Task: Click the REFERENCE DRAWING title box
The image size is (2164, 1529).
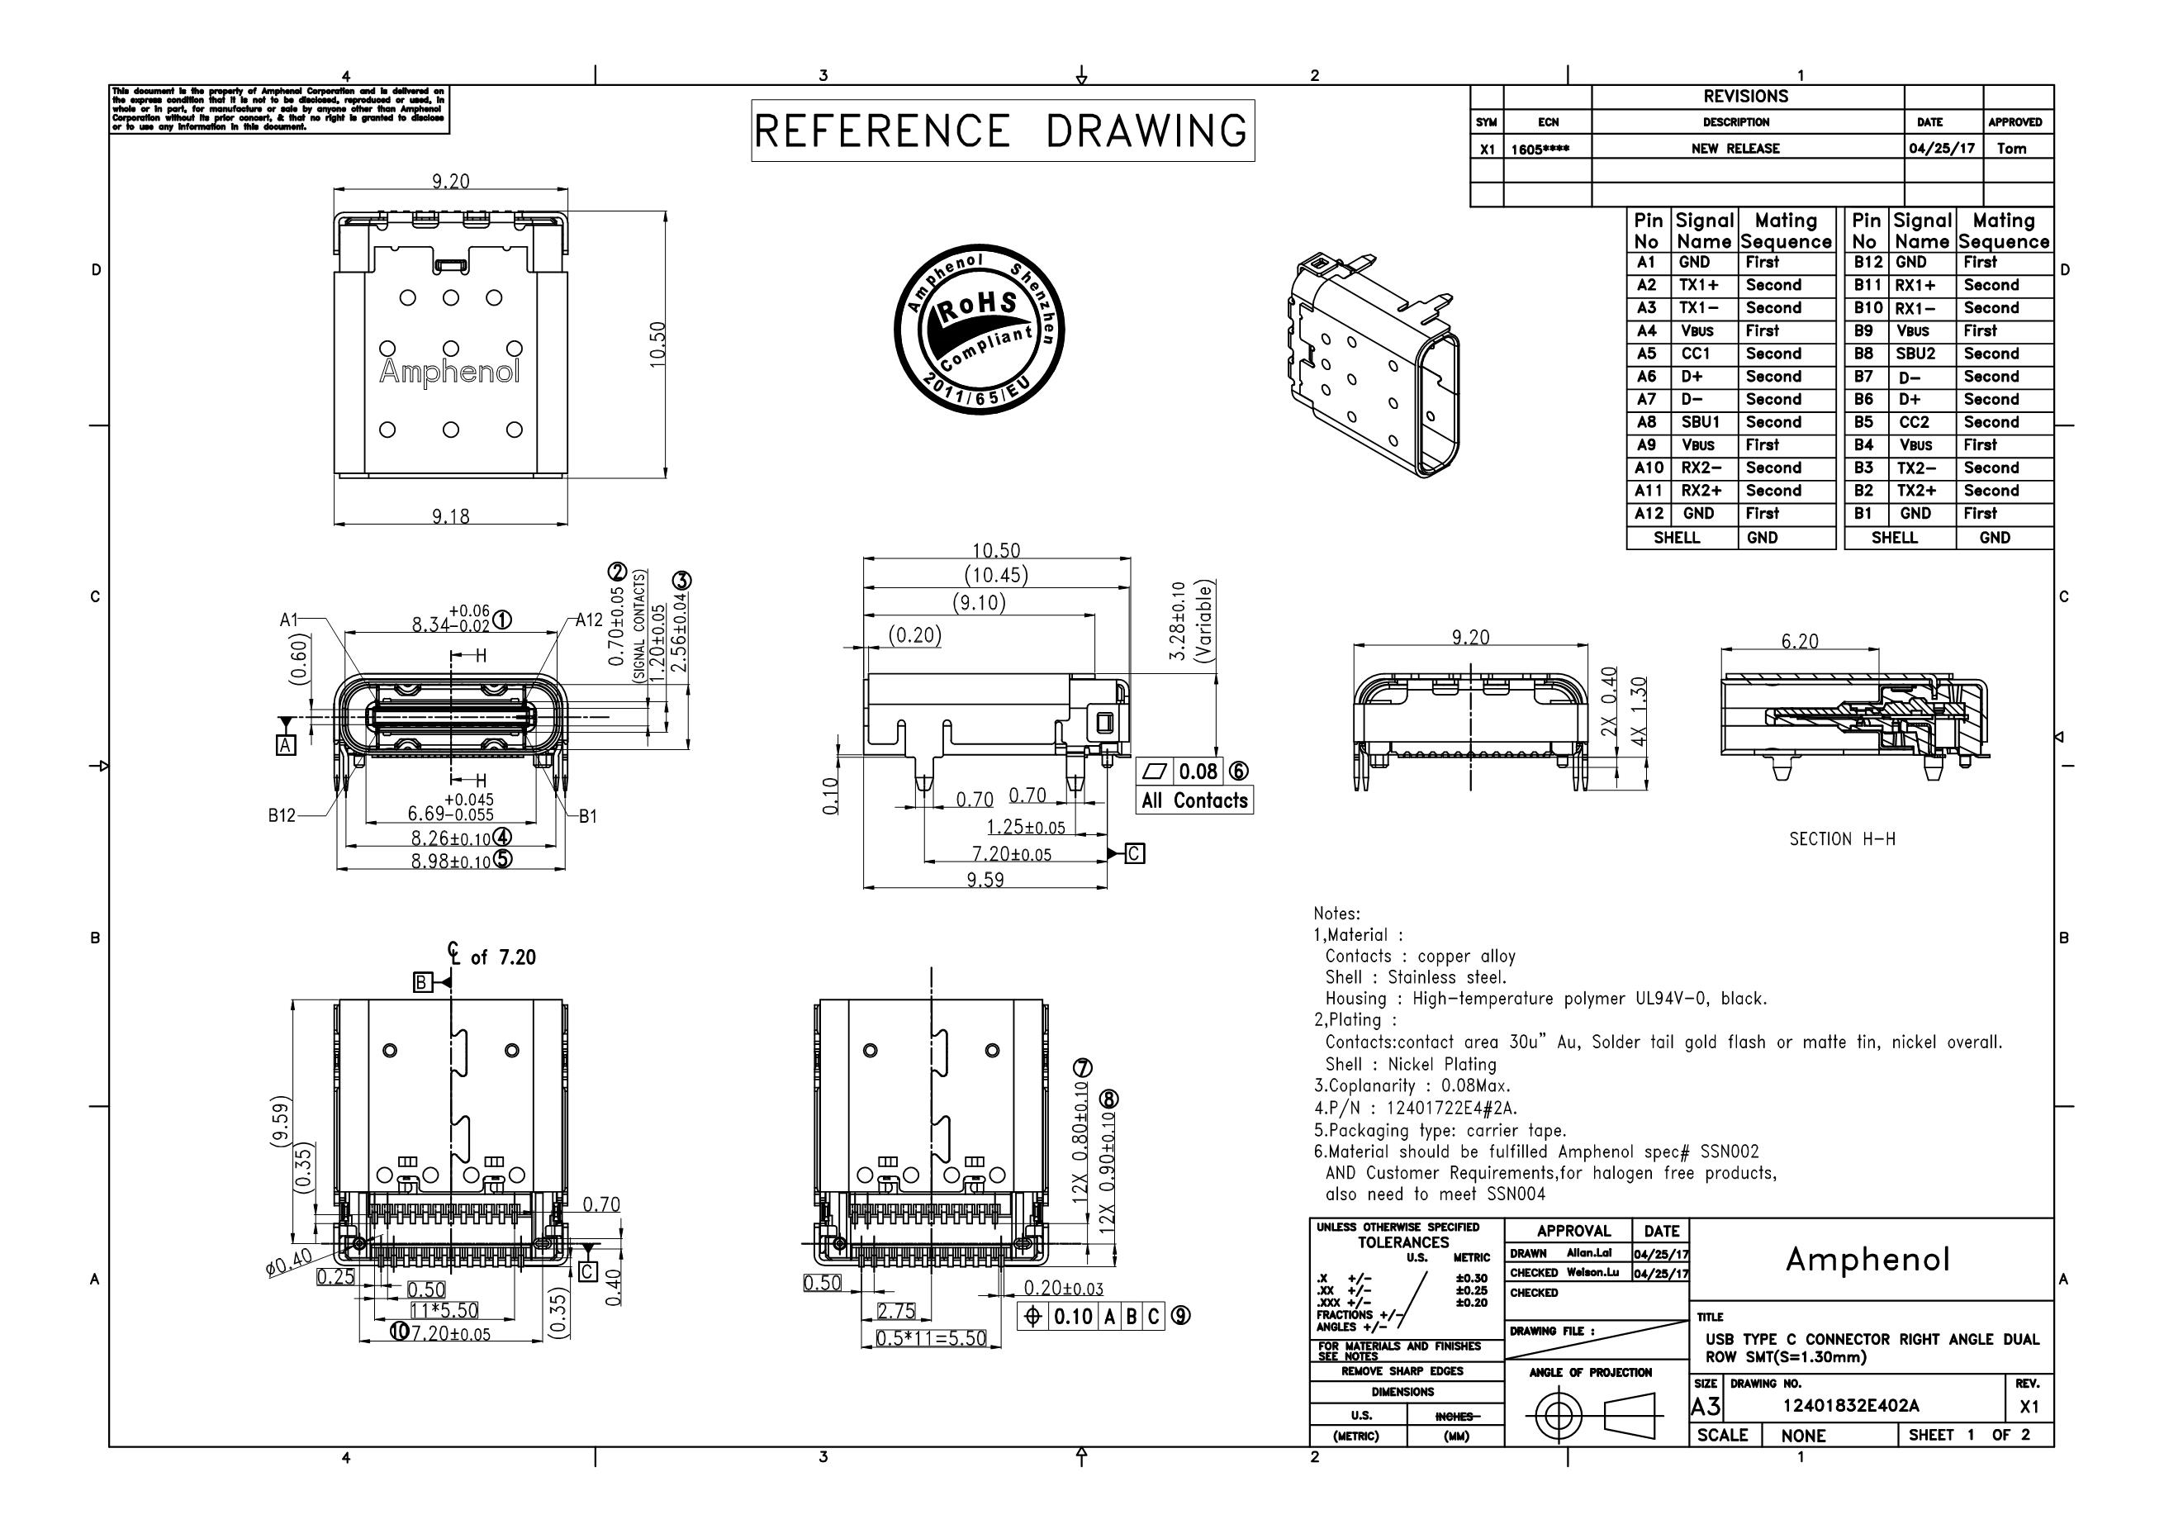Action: [1002, 130]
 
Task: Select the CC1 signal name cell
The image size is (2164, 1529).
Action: [1696, 354]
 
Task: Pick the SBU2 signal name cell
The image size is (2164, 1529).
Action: [1915, 354]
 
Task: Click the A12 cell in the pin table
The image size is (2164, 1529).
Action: [1649, 514]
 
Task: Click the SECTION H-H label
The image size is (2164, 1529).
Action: [1842, 839]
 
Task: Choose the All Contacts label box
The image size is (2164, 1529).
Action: [1194, 800]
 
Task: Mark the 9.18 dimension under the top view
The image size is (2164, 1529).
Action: [450, 515]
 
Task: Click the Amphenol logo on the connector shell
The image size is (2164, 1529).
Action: [449, 373]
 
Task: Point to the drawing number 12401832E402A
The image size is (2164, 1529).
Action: [1850, 1406]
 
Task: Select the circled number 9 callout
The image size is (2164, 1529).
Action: [1180, 1315]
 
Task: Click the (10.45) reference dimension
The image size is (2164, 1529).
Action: [995, 574]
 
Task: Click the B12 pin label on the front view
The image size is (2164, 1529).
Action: [282, 815]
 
